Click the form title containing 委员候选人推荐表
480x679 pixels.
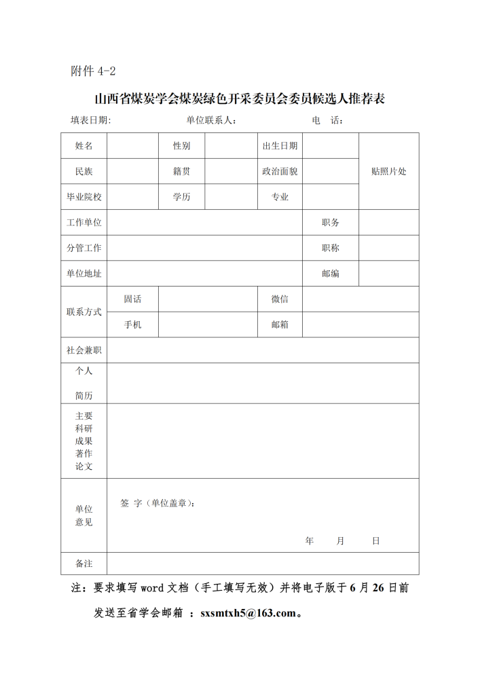click(x=240, y=99)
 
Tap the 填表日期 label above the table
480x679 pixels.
click(x=90, y=120)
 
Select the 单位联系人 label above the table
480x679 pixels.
click(x=210, y=120)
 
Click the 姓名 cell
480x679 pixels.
click(x=84, y=145)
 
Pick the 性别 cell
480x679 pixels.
click(x=181, y=145)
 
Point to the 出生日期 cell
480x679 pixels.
click(x=280, y=145)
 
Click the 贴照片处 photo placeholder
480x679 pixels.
click(x=388, y=171)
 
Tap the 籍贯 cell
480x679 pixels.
click(x=181, y=171)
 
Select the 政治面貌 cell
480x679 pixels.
click(x=280, y=171)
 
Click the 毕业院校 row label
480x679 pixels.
click(x=84, y=197)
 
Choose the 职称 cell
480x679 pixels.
click(x=330, y=248)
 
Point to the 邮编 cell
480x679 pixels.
click(x=330, y=274)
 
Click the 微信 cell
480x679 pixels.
click(x=280, y=299)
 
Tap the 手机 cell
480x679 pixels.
click(x=132, y=325)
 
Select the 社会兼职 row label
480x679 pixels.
click(x=84, y=350)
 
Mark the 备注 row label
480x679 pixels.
click(x=84, y=564)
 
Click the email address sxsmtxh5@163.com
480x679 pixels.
click(x=248, y=613)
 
